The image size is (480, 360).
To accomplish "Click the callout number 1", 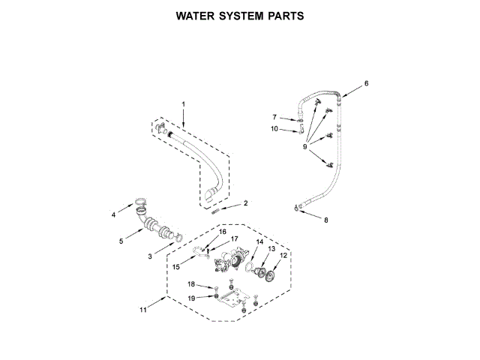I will coord(182,103).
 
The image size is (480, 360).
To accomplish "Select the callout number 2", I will coord(244,203).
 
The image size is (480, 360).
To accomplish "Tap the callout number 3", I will coord(150,256).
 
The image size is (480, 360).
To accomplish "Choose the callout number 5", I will coord(121,241).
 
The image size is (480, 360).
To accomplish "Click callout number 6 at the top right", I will coord(367,83).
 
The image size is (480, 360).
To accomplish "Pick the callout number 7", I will coord(274,116).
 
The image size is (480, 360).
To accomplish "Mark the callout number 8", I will coord(325,220).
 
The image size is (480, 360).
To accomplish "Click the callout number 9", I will coord(307,147).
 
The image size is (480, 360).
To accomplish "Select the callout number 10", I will coord(274,129).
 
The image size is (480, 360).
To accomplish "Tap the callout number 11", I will coord(142,308).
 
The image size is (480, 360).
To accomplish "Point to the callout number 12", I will coord(283,256).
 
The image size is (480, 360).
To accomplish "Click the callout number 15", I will coord(177,266).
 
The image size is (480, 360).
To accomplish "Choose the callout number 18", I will coord(190,284).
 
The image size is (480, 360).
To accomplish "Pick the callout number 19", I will coord(190,298).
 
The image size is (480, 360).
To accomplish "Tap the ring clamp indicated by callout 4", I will coord(140,199).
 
